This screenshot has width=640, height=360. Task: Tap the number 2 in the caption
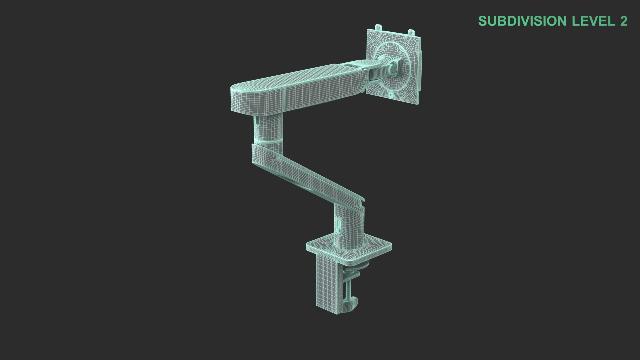pos(623,21)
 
